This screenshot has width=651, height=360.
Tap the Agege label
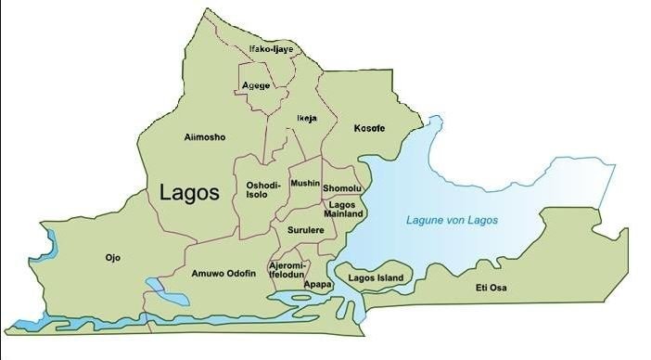click(x=256, y=85)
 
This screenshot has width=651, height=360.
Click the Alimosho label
click(x=205, y=137)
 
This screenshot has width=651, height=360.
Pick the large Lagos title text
click(x=189, y=193)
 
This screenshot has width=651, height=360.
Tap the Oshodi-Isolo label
click(x=261, y=190)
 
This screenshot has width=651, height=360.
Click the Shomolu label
click(x=341, y=189)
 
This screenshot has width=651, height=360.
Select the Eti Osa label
click(x=493, y=289)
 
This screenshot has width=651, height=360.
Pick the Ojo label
click(x=113, y=257)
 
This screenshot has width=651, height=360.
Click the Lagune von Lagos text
click(x=453, y=220)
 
